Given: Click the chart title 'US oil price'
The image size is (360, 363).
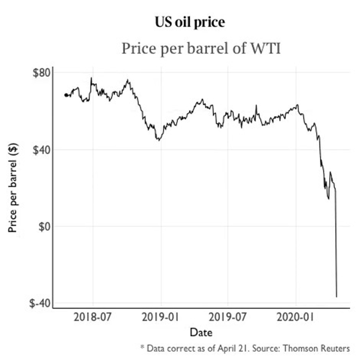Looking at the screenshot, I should [x=190, y=23].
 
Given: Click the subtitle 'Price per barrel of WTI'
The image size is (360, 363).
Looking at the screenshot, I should [x=200, y=49].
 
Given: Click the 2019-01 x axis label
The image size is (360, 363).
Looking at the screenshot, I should [x=161, y=317].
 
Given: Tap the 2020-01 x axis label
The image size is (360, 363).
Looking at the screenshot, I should [x=296, y=317].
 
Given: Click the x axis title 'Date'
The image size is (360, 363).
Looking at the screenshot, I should [x=201, y=332].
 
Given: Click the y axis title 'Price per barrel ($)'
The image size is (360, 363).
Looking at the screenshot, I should [x=14, y=188].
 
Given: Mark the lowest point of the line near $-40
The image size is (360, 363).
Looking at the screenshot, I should [x=337, y=297].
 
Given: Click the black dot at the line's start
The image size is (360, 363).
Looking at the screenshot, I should [x=66, y=95].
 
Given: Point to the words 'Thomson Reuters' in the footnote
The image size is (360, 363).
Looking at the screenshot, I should [x=318, y=349].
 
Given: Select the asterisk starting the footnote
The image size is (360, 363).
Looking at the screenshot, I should [x=142, y=348].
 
